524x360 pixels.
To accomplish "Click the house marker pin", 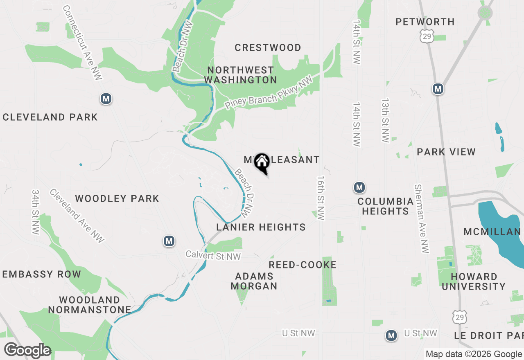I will click(x=262, y=162).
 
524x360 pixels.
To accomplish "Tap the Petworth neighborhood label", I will click(x=425, y=22).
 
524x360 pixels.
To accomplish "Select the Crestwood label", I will click(x=268, y=48).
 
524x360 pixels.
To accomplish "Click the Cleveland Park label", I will click(x=50, y=117).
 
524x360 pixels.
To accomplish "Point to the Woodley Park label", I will click(x=117, y=199).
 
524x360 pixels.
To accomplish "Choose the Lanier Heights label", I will click(x=261, y=227).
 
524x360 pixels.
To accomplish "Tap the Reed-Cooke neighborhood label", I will click(x=303, y=265).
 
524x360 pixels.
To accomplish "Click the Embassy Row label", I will click(x=42, y=274).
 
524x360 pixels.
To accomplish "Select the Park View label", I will click(x=446, y=152).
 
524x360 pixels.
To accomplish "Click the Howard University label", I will click(x=474, y=282).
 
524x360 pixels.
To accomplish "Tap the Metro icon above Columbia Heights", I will click(x=359, y=188).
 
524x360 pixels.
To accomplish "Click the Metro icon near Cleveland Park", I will click(x=106, y=99).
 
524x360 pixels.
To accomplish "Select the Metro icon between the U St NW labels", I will click(x=391, y=336).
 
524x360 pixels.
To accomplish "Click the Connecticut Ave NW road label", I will click(x=82, y=43).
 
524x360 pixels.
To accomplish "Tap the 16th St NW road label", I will click(x=321, y=198).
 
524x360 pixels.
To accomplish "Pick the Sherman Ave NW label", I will click(x=421, y=218).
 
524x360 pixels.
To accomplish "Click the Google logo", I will click(x=27, y=351).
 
